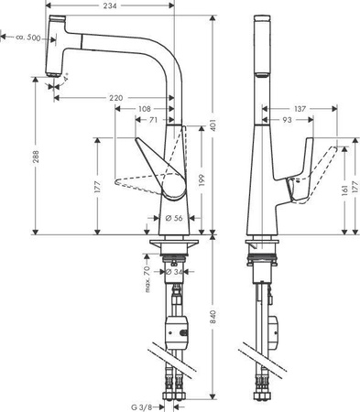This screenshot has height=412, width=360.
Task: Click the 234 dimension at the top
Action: click(108, 6)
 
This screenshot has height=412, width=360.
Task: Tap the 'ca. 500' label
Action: click(28, 38)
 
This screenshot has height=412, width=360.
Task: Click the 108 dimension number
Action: click(145, 108)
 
